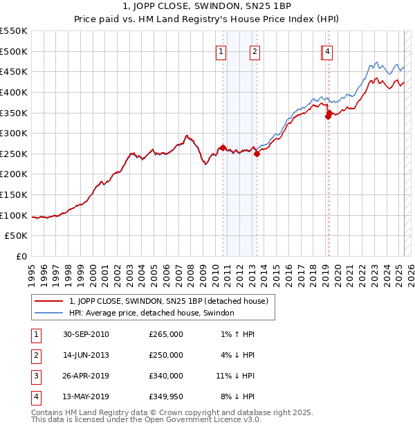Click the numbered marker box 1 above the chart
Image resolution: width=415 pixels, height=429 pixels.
coord(221,51)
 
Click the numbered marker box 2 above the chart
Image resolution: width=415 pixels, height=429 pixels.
coord(255,51)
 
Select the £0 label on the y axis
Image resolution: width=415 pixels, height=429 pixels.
coord(21,256)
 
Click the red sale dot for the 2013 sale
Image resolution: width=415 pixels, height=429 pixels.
coord(257,154)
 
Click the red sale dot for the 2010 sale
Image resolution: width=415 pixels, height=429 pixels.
coord(223,147)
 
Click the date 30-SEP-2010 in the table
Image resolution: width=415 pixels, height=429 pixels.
coord(86,334)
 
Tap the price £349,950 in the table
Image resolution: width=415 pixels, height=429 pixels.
coord(166,396)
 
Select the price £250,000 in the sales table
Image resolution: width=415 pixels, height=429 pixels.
coord(166,355)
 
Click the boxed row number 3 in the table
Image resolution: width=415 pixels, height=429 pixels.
coord(35,376)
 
